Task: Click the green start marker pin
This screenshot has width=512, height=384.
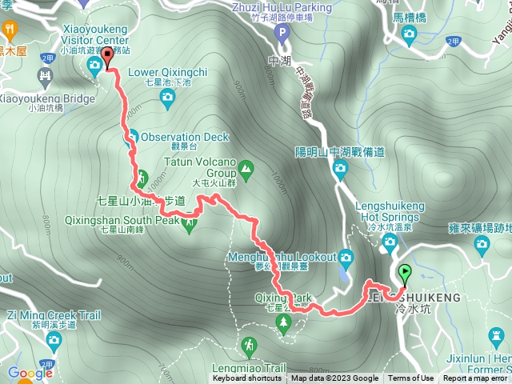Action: tap(404, 274)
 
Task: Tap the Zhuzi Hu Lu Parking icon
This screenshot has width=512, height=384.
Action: tap(281, 33)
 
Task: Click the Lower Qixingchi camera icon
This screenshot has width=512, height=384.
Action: tap(167, 98)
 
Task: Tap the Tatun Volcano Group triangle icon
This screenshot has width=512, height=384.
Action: tap(245, 168)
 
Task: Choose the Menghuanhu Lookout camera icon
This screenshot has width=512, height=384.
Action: tap(346, 257)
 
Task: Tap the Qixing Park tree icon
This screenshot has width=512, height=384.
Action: tap(283, 322)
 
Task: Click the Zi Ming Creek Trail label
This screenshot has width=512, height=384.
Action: tap(56, 315)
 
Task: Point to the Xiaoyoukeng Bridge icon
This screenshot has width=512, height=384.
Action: tap(45, 78)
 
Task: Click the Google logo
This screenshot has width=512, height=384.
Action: tap(30, 373)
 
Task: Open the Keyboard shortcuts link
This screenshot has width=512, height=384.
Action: tap(247, 378)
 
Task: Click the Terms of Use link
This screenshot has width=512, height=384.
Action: tap(411, 378)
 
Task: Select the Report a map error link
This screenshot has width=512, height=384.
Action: tap(476, 378)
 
